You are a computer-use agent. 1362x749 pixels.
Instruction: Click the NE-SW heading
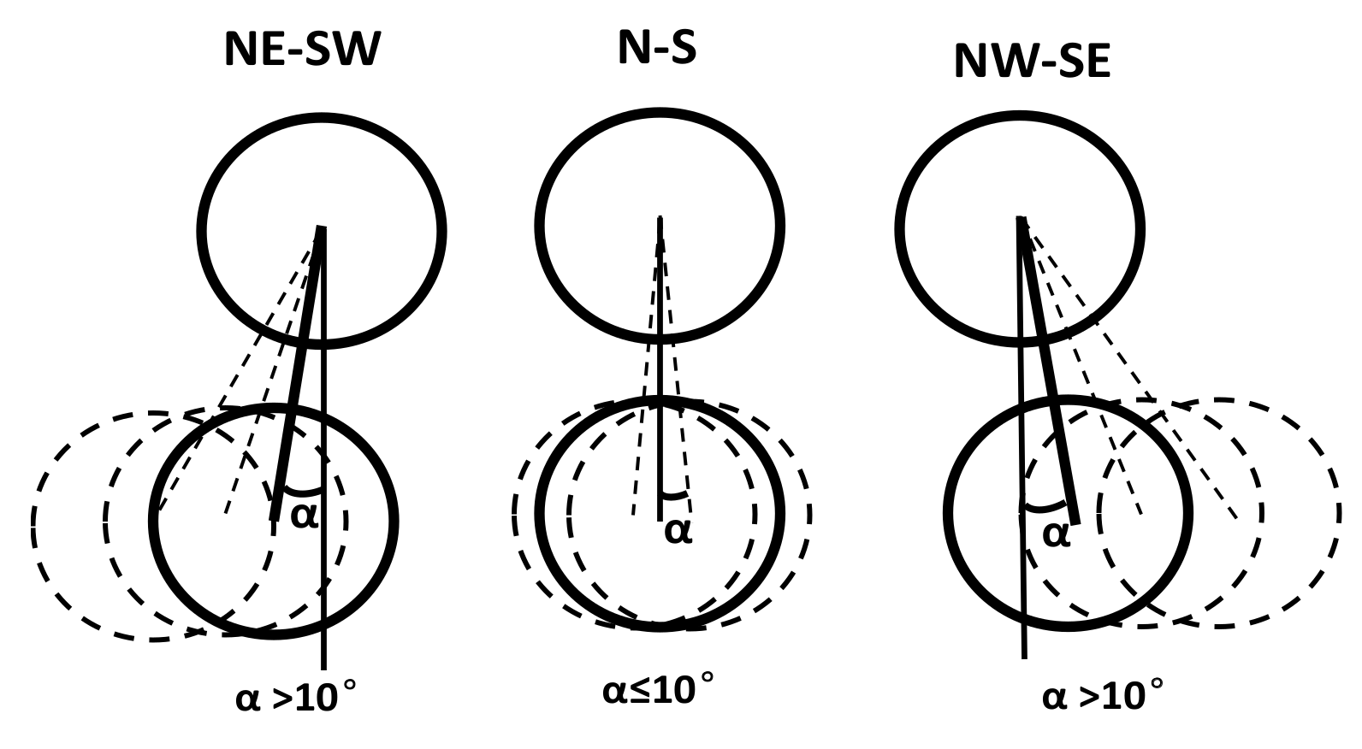[301, 50]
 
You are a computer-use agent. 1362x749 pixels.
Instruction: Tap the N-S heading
[656, 47]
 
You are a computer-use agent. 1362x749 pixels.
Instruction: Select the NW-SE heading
[1032, 62]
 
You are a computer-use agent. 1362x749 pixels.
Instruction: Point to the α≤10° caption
[657, 689]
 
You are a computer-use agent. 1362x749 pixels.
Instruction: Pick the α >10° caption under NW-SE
[1103, 697]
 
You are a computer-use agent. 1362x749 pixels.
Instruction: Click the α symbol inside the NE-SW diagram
[304, 516]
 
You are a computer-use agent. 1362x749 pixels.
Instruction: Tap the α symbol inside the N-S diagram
[677, 531]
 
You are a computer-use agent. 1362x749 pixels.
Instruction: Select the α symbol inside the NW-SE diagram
[1056, 534]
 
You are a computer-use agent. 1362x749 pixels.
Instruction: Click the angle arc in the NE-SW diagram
[301, 492]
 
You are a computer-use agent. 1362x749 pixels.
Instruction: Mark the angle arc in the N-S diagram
[674, 495]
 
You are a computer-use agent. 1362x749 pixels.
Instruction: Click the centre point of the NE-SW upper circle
[321, 228]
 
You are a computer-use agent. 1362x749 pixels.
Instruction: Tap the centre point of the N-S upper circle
[660, 220]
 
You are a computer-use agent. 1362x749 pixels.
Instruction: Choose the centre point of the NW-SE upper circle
[1021, 220]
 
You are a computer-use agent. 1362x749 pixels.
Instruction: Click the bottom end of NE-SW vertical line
[323, 668]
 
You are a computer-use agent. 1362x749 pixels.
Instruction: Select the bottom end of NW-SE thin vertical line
[1024, 657]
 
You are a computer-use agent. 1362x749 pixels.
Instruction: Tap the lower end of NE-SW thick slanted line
[274, 518]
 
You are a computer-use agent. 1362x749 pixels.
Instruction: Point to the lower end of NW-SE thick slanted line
[1075, 522]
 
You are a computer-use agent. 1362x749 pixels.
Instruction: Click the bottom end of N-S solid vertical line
[660, 518]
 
